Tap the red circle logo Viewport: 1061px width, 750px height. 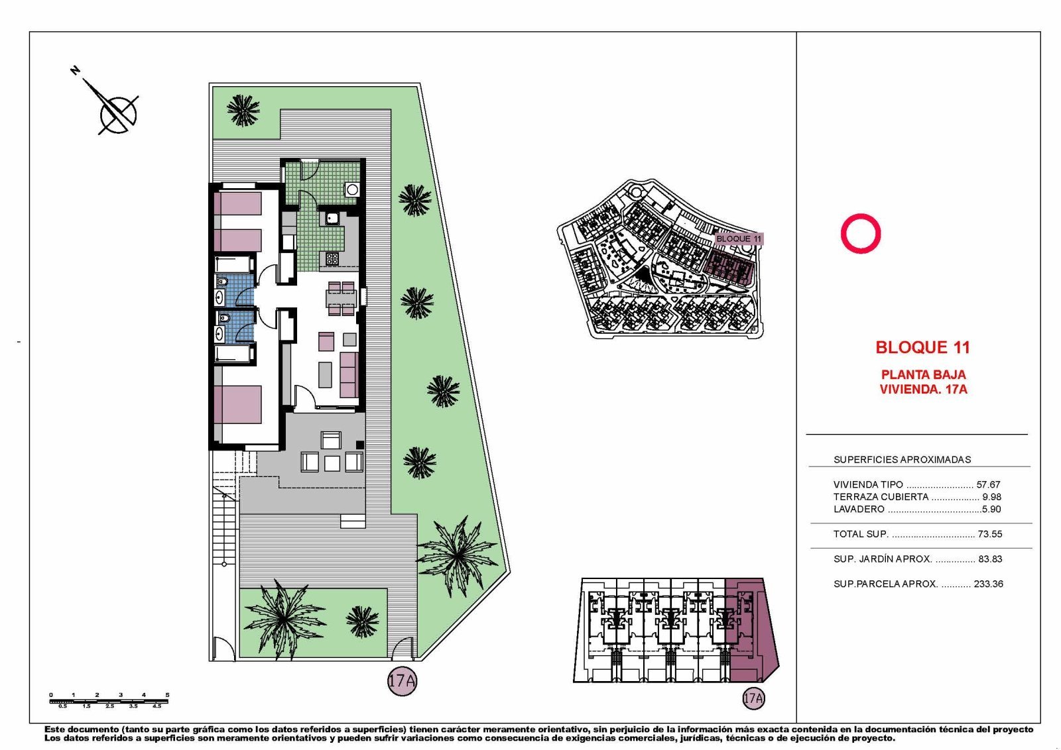[x=860, y=233]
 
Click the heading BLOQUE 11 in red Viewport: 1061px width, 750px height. [x=922, y=347]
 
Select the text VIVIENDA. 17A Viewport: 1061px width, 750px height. [x=923, y=390]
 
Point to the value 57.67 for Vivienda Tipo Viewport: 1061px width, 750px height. [x=988, y=485]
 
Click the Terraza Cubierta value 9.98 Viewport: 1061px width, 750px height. [x=991, y=497]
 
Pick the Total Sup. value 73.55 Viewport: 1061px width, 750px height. [x=989, y=534]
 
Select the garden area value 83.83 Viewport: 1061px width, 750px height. [x=989, y=559]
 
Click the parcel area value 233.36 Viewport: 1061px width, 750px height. [x=988, y=584]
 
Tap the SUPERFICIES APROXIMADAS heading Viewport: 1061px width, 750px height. [x=902, y=460]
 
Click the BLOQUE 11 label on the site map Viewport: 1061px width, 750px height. [x=739, y=239]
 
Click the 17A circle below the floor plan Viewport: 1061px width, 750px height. [x=402, y=680]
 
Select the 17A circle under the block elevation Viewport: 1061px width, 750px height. [x=753, y=698]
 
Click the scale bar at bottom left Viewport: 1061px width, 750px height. [x=109, y=700]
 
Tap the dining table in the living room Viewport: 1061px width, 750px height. [x=342, y=298]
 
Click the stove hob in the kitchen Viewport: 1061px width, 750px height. [x=332, y=259]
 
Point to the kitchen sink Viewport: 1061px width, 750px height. [x=332, y=218]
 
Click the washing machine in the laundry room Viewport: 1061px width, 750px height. [x=352, y=189]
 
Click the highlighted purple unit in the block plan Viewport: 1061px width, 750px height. [x=749, y=629]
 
